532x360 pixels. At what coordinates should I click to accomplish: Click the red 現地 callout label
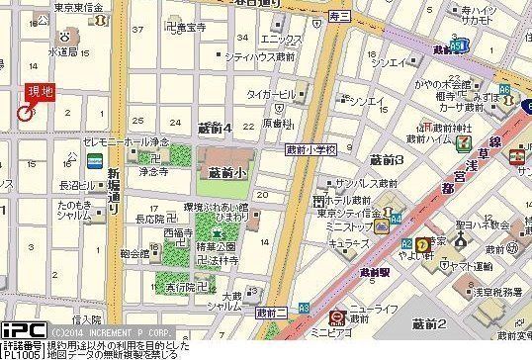tap(41, 93)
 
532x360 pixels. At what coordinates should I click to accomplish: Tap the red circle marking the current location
tap(24, 114)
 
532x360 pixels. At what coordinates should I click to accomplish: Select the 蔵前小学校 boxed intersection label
tap(311, 149)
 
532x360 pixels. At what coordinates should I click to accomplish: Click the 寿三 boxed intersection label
tap(339, 17)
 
